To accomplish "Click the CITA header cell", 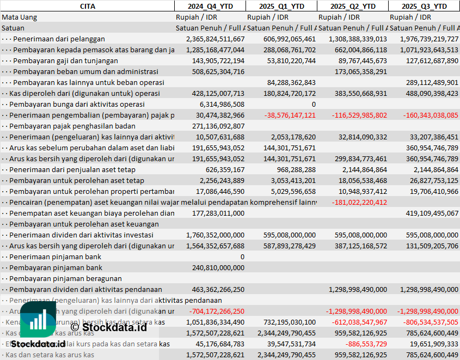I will pyautogui.click(x=87, y=6).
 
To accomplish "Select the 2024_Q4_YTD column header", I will pyautogui.click(x=210, y=6).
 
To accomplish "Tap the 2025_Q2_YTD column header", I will pyautogui.click(x=353, y=6).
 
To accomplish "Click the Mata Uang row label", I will pyautogui.click(x=20, y=17).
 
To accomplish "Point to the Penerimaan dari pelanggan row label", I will pyautogui.click(x=59, y=39).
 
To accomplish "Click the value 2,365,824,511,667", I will pyautogui.click(x=216, y=39).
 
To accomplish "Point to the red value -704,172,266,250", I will pyautogui.click(x=217, y=311).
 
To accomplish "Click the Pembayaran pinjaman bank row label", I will pyautogui.click(x=56, y=267).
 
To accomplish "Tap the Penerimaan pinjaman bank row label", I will pyautogui.click(x=56, y=257).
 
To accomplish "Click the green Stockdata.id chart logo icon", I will pyautogui.click(x=38, y=319).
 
